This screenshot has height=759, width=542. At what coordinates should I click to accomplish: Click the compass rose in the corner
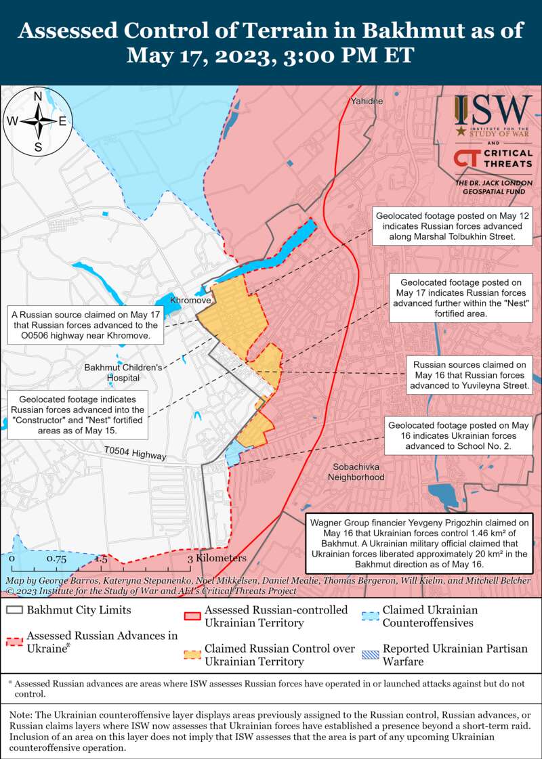click(39, 121)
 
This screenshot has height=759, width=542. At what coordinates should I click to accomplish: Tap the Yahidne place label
click(367, 101)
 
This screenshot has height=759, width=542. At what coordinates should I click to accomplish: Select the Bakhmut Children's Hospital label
click(123, 372)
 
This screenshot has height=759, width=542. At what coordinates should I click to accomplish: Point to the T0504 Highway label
click(135, 454)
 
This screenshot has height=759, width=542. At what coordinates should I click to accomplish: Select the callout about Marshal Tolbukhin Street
click(453, 226)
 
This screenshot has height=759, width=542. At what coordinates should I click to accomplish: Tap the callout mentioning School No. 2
click(458, 435)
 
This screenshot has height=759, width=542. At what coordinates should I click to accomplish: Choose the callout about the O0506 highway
click(86, 325)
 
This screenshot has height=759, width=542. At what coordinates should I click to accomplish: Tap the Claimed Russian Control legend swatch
click(192, 654)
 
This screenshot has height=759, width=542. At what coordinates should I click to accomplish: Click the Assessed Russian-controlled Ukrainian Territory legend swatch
click(192, 615)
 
